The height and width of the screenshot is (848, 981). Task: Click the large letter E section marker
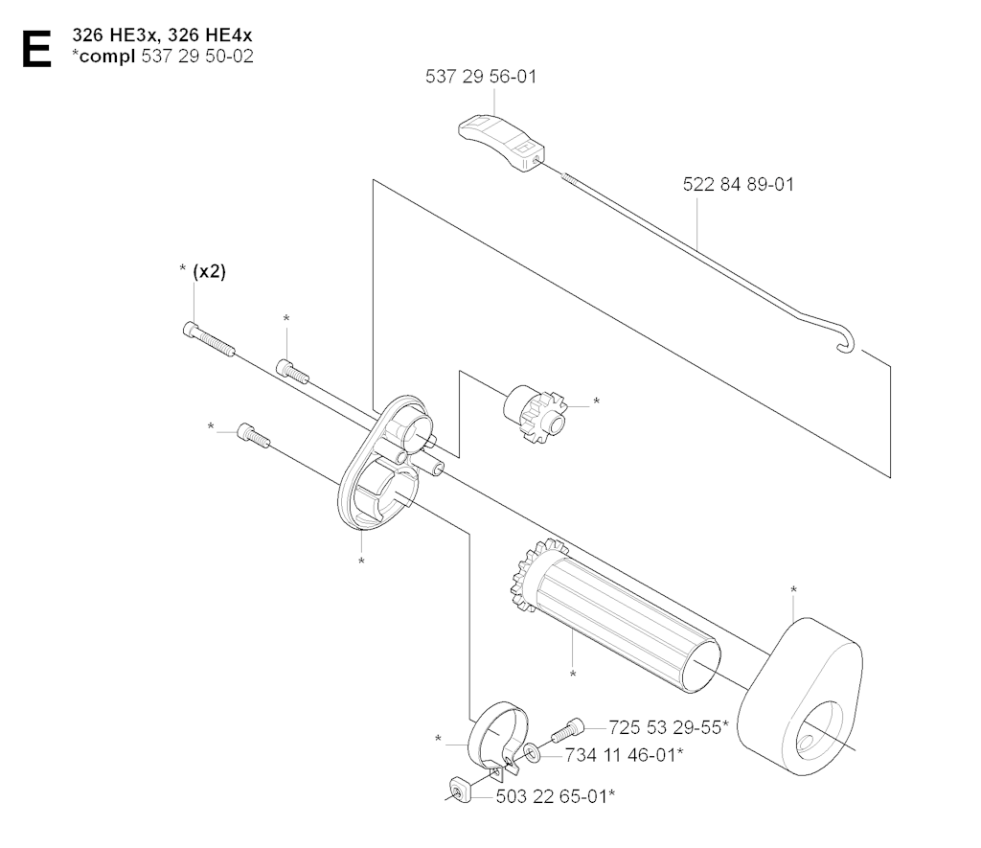tap(36, 48)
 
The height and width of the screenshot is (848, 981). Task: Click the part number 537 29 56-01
tap(481, 77)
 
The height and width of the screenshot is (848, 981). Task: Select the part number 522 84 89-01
tap(739, 185)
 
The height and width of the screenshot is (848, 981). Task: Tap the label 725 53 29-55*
tap(669, 727)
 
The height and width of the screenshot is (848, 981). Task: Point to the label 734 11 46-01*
tap(624, 755)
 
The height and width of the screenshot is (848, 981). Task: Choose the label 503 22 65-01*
tap(556, 796)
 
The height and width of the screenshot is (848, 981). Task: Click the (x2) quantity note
tap(210, 271)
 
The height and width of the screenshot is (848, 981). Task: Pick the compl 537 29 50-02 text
tap(163, 57)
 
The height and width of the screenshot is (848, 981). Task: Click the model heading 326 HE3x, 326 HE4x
tap(162, 35)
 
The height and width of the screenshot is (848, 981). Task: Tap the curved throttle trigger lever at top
tap(502, 142)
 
